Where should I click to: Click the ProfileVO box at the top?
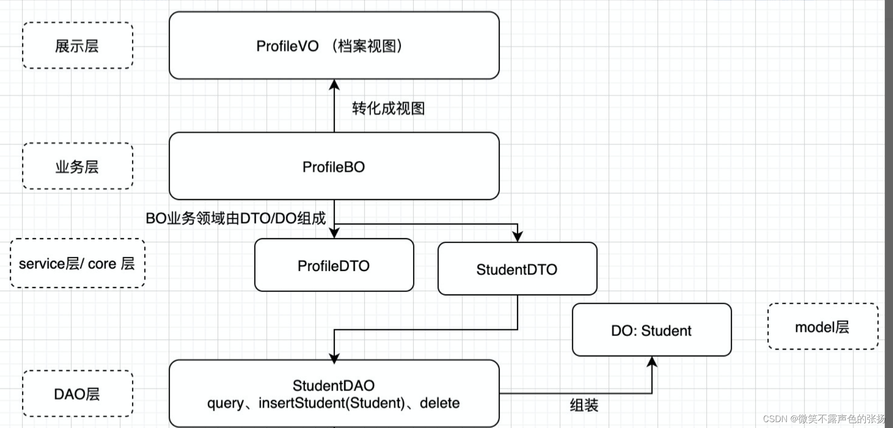[x=334, y=45]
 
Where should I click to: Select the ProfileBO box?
[x=334, y=166]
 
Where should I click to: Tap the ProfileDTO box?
[x=334, y=266]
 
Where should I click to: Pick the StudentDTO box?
[x=517, y=269]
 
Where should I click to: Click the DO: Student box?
[x=652, y=330]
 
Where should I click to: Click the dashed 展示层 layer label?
[x=78, y=45]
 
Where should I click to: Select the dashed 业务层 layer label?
[x=78, y=166]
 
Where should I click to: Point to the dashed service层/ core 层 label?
[x=78, y=264]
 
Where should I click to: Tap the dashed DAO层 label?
[x=78, y=394]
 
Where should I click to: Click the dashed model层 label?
[x=823, y=327]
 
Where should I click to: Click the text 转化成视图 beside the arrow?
[x=389, y=108]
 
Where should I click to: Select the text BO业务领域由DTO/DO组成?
[x=236, y=218]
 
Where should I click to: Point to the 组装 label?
[x=584, y=405]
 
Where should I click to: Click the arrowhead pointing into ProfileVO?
[x=334, y=85]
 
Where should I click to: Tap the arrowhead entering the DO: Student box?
[x=652, y=362]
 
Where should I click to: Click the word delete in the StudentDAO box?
[x=439, y=403]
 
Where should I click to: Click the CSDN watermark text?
[x=824, y=419]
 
